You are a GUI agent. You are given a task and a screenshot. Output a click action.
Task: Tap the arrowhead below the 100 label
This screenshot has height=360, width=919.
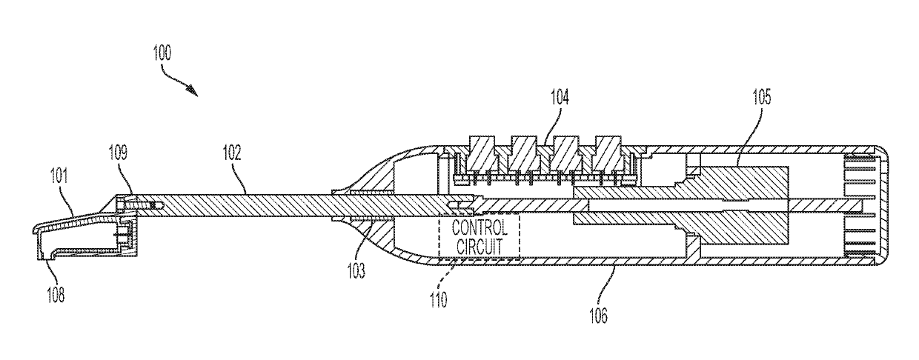click(193, 89)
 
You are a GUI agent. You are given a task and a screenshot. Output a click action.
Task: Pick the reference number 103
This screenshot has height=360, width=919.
click(358, 273)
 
